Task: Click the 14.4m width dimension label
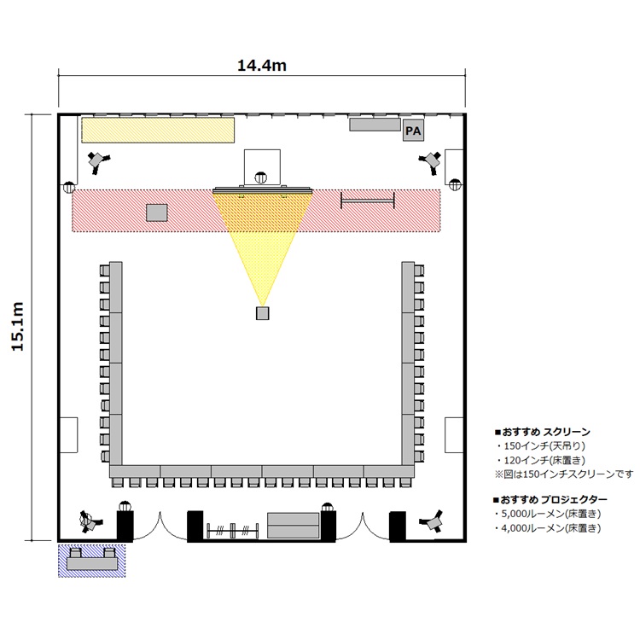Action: [x=262, y=66]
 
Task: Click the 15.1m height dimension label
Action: [x=18, y=327]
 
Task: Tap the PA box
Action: [x=413, y=131]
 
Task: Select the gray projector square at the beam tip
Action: [x=263, y=313]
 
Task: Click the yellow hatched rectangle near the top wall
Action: [x=158, y=131]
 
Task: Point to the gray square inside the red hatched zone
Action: [x=157, y=212]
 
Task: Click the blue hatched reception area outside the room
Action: [x=91, y=560]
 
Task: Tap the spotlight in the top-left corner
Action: [x=99, y=162]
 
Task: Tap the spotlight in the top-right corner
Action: [x=431, y=162]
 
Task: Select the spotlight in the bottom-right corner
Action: [x=433, y=521]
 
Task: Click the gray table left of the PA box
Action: [x=375, y=125]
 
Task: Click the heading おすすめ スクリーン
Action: [x=543, y=432]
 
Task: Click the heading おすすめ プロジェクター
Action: [x=550, y=499]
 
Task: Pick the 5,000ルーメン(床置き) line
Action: [x=548, y=514]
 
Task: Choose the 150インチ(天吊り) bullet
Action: [x=541, y=445]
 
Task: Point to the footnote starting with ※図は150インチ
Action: [x=564, y=474]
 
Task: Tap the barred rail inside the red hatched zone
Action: [x=368, y=201]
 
